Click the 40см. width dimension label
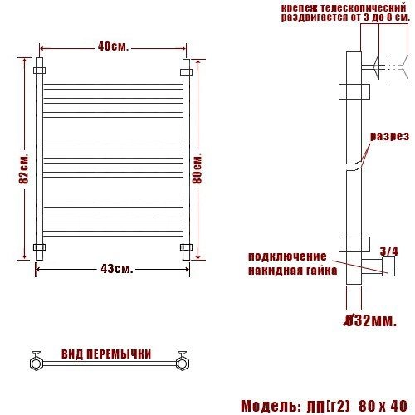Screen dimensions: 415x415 tap(113, 46)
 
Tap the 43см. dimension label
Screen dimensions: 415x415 tap(117, 268)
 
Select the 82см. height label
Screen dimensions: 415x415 tap(24, 168)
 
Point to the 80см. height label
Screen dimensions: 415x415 tap(198, 168)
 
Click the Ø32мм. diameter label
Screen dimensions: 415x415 tap(370, 320)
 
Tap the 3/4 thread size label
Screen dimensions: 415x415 tap(388, 251)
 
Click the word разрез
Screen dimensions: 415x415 tap(389, 136)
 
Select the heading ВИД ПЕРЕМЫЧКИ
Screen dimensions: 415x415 tap(106, 354)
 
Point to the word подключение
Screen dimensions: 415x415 tap(287, 256)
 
